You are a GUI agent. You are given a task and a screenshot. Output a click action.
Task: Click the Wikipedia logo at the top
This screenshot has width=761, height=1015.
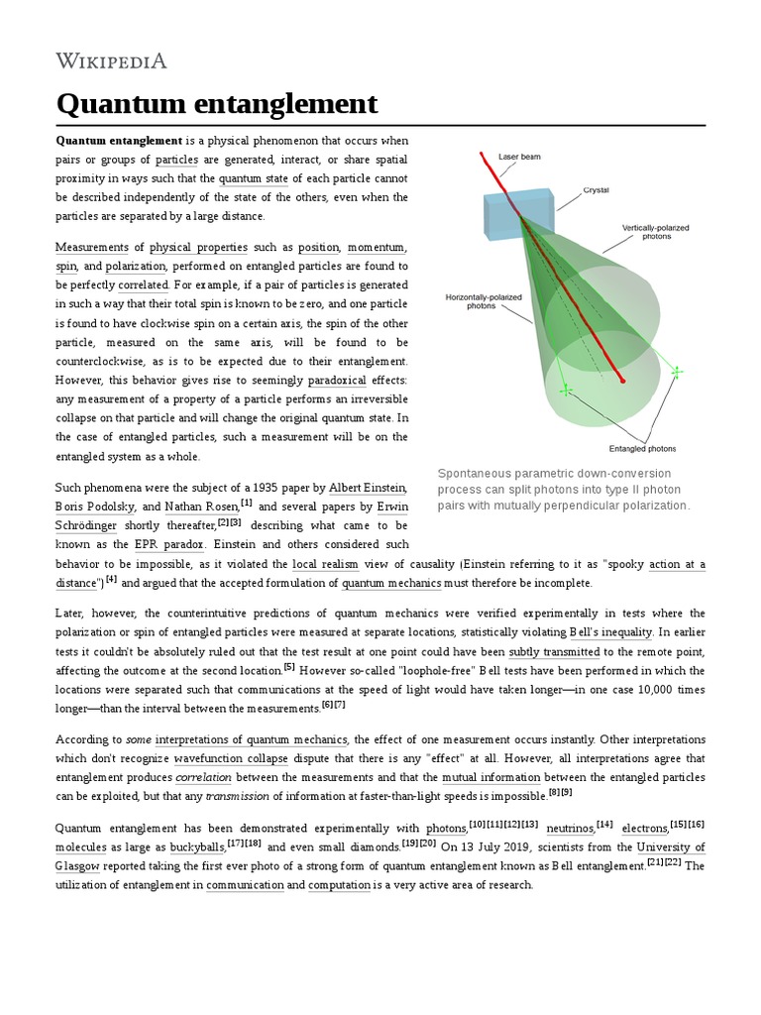pos(111,61)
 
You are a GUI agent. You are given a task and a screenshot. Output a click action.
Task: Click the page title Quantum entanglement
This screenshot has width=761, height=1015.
pos(216,103)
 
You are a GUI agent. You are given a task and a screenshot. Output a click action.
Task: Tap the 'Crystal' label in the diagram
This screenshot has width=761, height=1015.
pos(596,188)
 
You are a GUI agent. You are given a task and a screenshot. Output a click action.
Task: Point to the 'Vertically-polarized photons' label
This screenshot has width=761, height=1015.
pos(656,233)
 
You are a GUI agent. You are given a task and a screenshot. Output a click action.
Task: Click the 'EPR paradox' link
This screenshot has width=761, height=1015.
pos(169,544)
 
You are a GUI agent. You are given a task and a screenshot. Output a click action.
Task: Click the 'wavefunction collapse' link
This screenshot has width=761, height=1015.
pos(231,758)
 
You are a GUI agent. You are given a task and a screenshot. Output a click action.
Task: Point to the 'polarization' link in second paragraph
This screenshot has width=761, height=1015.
pos(135,267)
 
